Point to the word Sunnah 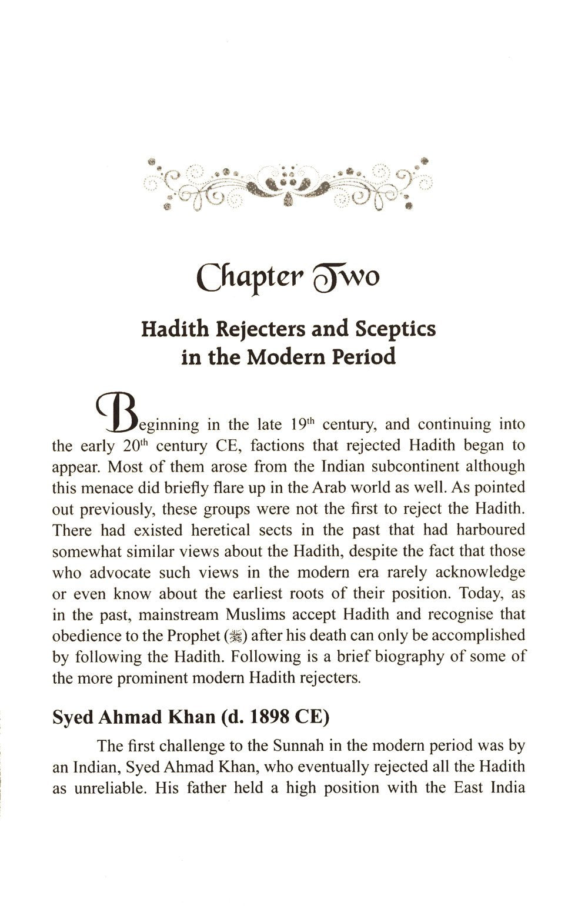(298, 746)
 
